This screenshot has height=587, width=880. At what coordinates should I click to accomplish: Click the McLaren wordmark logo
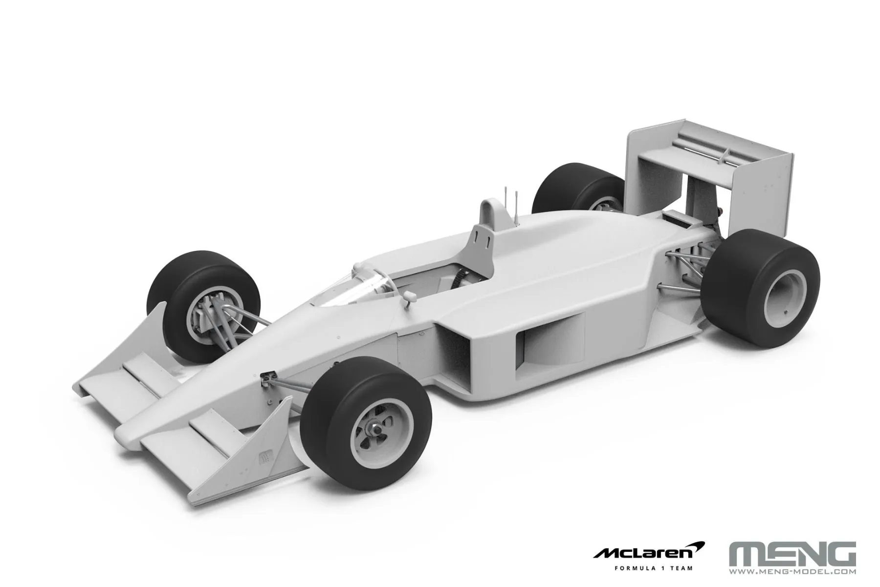[x=649, y=552]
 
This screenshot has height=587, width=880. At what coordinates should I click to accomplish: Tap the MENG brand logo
[x=792, y=553]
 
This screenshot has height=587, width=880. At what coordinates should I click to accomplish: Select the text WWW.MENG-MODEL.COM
[x=792, y=571]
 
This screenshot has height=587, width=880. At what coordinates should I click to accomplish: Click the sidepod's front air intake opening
[x=452, y=357]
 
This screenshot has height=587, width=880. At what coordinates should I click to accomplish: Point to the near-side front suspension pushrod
[x=293, y=386]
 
